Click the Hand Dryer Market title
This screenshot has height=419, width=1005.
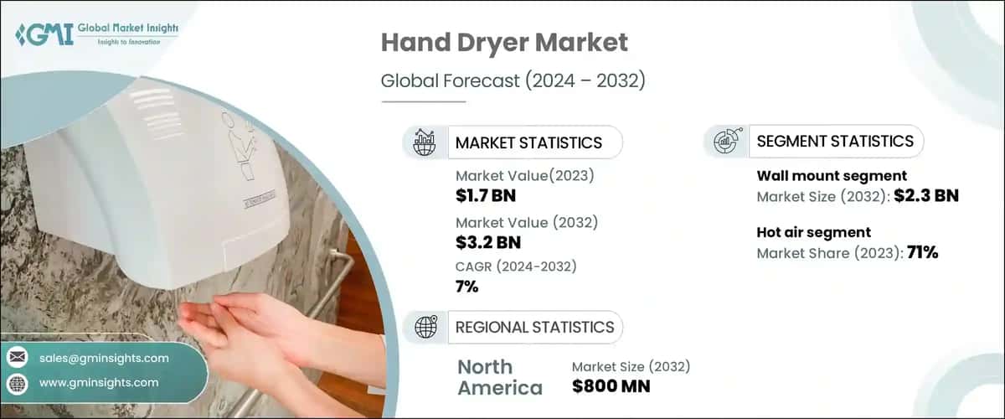click(503, 44)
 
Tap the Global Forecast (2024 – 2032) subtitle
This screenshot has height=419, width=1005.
click(513, 81)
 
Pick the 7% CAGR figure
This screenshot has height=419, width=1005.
click(467, 287)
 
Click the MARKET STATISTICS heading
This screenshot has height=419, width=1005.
click(528, 142)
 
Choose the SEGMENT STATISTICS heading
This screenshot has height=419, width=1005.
click(835, 142)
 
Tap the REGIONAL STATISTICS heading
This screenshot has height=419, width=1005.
click(534, 327)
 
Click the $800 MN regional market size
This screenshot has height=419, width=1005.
click(611, 386)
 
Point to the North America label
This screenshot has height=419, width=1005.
click(499, 377)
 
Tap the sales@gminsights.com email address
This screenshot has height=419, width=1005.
click(104, 358)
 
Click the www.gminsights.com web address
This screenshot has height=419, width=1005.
click(99, 382)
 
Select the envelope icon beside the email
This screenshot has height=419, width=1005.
click(17, 358)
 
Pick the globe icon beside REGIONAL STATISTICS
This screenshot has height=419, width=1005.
click(426, 327)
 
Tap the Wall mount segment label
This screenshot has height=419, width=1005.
click(832, 176)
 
